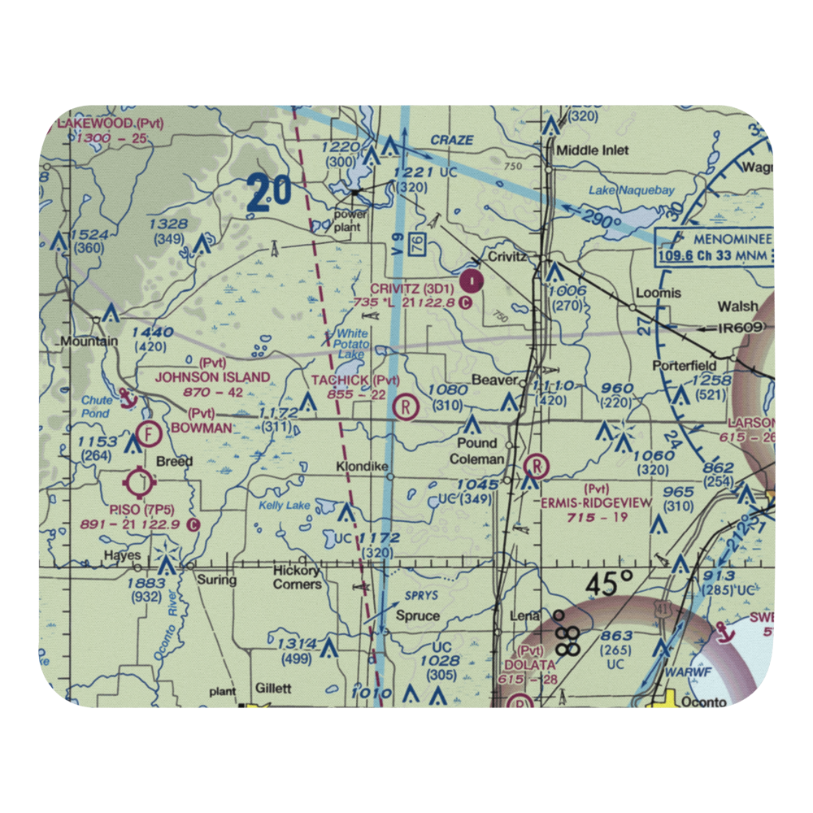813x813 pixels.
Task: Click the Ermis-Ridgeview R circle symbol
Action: (537, 467)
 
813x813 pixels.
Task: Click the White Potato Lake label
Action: (353, 344)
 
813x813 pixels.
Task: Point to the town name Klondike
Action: (363, 467)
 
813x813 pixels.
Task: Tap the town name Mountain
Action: (90, 341)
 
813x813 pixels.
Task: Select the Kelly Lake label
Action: (285, 506)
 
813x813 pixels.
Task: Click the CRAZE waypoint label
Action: (451, 140)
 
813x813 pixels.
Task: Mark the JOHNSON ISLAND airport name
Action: (213, 376)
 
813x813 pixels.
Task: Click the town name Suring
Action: (216, 580)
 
